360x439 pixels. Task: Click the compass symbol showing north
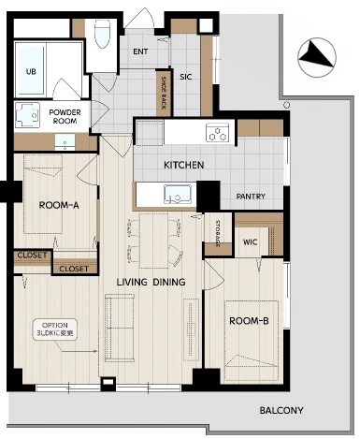coord(317,57)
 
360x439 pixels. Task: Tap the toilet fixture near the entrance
coord(102,34)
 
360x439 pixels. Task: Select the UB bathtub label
coord(31,71)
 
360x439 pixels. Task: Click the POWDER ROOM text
coord(65,116)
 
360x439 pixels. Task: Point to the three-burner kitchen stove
coord(217,132)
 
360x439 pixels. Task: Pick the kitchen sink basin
coord(178,194)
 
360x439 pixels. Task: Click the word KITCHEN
coord(184,165)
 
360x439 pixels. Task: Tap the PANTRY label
coord(251,197)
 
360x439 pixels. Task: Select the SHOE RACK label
coord(164,93)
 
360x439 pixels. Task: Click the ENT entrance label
coord(140,51)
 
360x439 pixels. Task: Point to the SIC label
coord(185,77)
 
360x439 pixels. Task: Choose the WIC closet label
coord(250,241)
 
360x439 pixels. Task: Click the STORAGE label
coord(218,234)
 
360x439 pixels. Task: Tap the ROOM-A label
coord(59,205)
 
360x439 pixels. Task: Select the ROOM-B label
coord(249,321)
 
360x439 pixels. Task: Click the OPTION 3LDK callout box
coord(55,329)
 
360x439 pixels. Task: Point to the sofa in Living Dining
coord(120,328)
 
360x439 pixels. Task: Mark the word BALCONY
coord(281,410)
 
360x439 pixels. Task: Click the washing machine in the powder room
coord(27,115)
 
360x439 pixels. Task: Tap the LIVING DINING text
coord(151,282)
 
